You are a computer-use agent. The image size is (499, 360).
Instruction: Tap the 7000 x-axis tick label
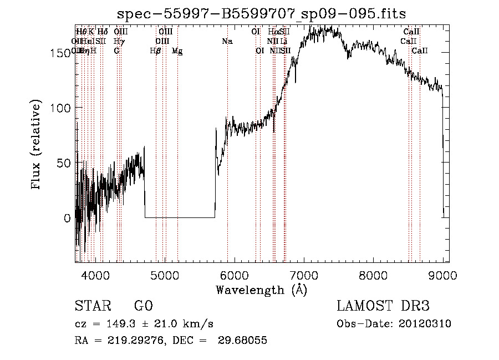click(x=304, y=275)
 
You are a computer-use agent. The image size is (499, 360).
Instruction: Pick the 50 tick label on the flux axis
click(x=66, y=163)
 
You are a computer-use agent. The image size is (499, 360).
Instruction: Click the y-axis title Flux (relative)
click(x=37, y=145)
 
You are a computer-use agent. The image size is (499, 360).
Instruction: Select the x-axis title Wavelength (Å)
click(x=261, y=290)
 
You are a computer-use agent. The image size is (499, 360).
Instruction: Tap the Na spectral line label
click(x=227, y=41)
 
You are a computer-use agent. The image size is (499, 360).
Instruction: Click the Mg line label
click(x=177, y=51)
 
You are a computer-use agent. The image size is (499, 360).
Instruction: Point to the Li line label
click(x=284, y=41)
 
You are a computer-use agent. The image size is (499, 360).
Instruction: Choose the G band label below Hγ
click(x=116, y=51)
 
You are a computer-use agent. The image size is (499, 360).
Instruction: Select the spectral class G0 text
click(x=143, y=306)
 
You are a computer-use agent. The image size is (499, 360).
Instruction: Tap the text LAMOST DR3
click(x=383, y=306)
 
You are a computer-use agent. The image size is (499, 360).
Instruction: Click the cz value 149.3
click(x=111, y=324)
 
